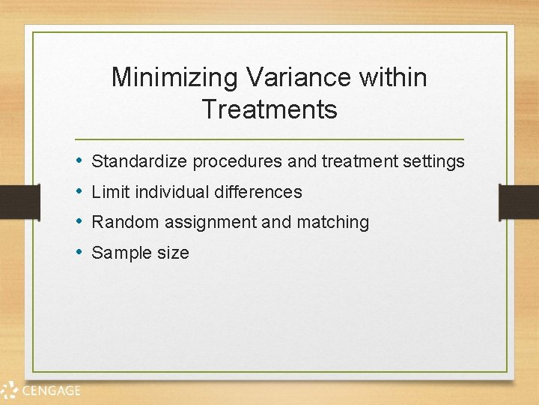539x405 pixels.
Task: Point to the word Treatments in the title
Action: click(x=269, y=109)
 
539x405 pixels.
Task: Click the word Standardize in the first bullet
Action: click(x=139, y=161)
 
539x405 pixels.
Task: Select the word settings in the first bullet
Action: click(x=436, y=162)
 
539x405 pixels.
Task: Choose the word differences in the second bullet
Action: click(x=258, y=192)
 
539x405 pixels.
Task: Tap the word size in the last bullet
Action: click(x=172, y=253)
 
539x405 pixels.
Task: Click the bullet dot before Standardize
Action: click(x=79, y=161)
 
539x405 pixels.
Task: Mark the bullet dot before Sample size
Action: click(x=79, y=253)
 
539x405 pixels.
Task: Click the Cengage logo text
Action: click(x=51, y=390)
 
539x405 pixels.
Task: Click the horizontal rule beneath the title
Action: click(x=269, y=139)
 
